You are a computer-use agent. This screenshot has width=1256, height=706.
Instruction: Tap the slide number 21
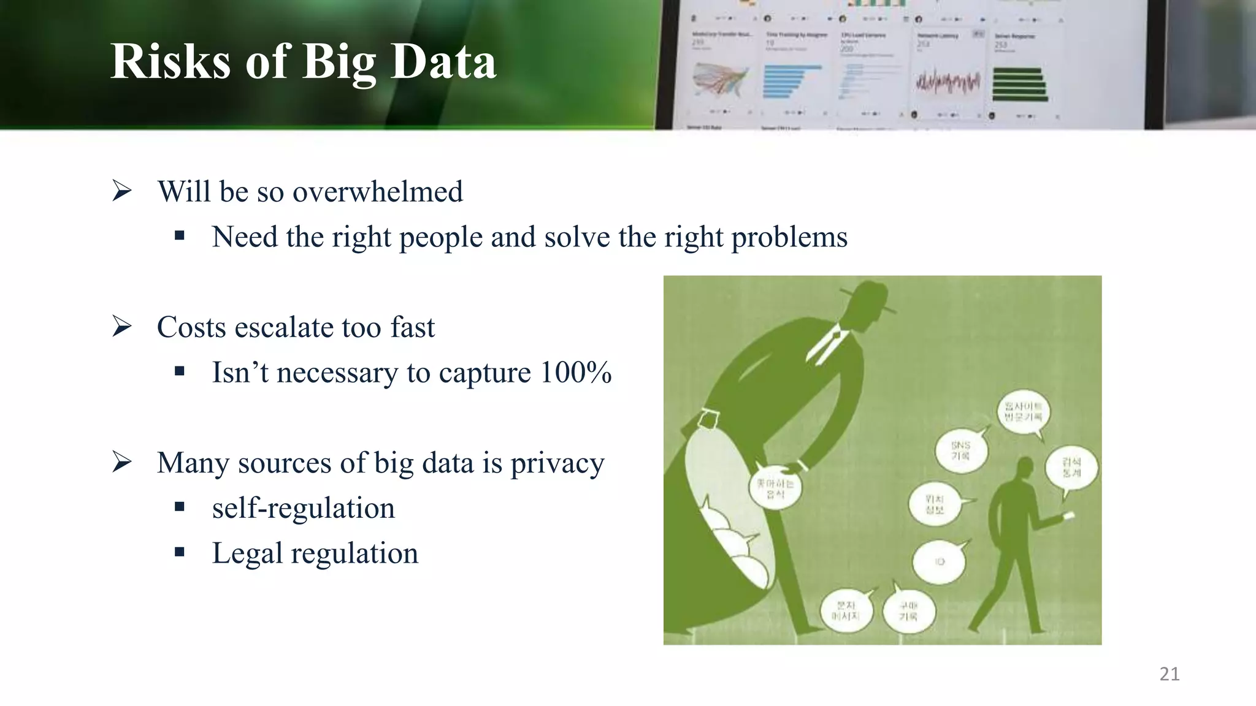pyautogui.click(x=1170, y=674)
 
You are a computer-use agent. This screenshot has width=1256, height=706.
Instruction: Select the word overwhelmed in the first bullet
pyautogui.click(x=377, y=192)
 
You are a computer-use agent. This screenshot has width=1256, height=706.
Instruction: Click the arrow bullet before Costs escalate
pyautogui.click(x=122, y=327)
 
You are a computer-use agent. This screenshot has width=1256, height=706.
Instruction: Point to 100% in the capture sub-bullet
pyautogui.click(x=575, y=373)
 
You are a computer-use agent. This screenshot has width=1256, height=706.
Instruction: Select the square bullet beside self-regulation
pyautogui.click(x=179, y=507)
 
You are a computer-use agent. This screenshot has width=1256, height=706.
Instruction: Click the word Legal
pyautogui.click(x=247, y=553)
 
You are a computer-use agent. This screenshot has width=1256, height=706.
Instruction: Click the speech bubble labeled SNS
pyautogui.click(x=961, y=450)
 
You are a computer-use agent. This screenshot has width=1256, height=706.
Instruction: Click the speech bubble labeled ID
pyautogui.click(x=939, y=561)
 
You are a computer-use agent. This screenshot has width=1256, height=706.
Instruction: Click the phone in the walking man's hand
pyautogui.click(x=1068, y=516)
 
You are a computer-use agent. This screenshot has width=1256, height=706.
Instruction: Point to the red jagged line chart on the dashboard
pyautogui.click(x=948, y=82)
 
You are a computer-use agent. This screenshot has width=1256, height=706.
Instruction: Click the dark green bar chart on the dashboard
pyautogui.click(x=1019, y=85)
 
